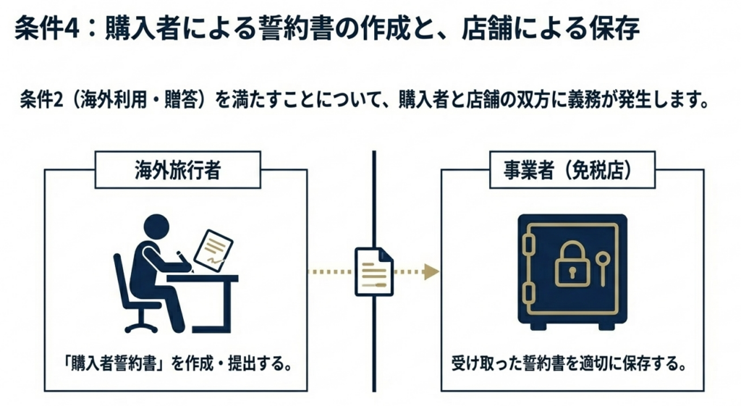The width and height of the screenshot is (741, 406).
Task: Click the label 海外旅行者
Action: click(x=177, y=171)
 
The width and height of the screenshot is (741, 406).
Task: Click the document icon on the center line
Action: click(x=373, y=271)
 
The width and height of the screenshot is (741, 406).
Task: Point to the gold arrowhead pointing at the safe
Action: click(x=432, y=271)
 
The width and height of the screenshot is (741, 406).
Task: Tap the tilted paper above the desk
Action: click(x=215, y=248)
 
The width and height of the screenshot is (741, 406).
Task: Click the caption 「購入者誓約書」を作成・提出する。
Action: click(x=177, y=363)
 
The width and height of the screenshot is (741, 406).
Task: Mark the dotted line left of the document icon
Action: click(x=329, y=271)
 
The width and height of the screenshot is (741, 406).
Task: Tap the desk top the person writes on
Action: click(x=202, y=277)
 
